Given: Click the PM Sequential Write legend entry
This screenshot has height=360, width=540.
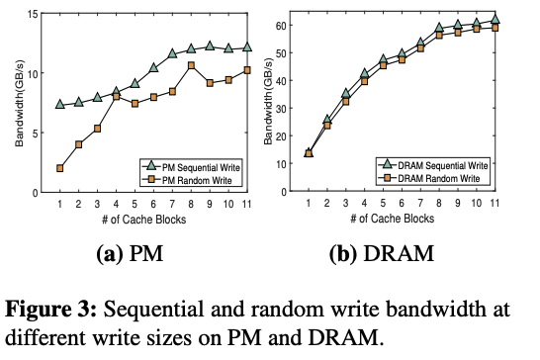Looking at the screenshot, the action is (x=191, y=167).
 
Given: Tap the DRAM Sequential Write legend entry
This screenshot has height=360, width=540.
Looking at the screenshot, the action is (x=433, y=165).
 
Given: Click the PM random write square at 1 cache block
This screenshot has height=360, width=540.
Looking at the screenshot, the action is (x=60, y=168).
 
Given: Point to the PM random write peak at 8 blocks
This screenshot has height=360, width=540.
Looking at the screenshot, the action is (x=191, y=65).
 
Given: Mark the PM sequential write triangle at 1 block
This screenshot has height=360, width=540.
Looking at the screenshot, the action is (x=60, y=104).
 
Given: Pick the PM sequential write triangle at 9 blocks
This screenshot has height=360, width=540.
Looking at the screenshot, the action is (x=210, y=45).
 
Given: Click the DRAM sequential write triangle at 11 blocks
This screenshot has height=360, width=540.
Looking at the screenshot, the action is (x=495, y=20).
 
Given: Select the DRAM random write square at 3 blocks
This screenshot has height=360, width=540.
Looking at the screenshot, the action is (x=346, y=102).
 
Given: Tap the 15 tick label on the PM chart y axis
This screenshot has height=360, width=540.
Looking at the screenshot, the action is (x=33, y=14).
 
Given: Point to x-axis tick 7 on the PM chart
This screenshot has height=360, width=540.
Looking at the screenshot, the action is (x=172, y=204).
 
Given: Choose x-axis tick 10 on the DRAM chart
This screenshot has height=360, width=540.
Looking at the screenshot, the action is (x=476, y=203).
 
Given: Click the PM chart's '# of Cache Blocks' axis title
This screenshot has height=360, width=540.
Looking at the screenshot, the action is (x=144, y=220).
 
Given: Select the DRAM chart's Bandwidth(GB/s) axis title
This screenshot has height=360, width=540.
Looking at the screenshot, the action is (x=268, y=101).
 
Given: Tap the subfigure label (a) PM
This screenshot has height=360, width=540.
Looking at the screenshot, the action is (x=130, y=254).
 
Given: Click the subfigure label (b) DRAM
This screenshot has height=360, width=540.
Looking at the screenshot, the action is (x=382, y=254).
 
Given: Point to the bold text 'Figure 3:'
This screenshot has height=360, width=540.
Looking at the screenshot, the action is (x=50, y=309).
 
